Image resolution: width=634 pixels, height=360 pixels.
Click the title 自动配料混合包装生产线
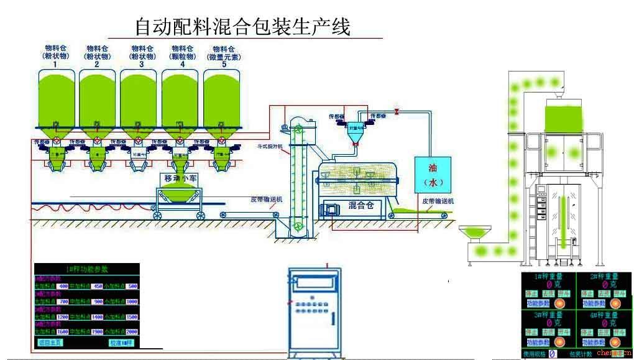click(x=243, y=27)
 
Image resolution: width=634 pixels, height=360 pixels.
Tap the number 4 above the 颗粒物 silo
click(x=182, y=64)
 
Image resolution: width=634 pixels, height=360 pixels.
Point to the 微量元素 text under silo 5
click(x=224, y=57)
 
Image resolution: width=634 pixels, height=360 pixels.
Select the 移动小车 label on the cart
click(x=180, y=179)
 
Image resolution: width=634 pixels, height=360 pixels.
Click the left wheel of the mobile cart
click(x=158, y=215)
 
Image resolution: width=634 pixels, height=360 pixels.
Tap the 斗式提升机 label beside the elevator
click(x=270, y=146)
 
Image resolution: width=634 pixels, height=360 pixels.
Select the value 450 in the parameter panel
click(x=98, y=286)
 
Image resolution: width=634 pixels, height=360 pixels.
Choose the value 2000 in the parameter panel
click(x=131, y=332)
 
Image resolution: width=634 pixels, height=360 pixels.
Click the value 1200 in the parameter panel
click(x=63, y=317)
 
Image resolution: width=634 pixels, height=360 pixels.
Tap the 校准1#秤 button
click(x=121, y=343)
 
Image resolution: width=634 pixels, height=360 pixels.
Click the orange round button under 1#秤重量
click(x=559, y=303)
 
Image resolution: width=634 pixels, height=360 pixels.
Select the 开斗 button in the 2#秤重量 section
click(x=618, y=293)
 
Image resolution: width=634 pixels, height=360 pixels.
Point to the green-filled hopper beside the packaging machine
click(x=475, y=233)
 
